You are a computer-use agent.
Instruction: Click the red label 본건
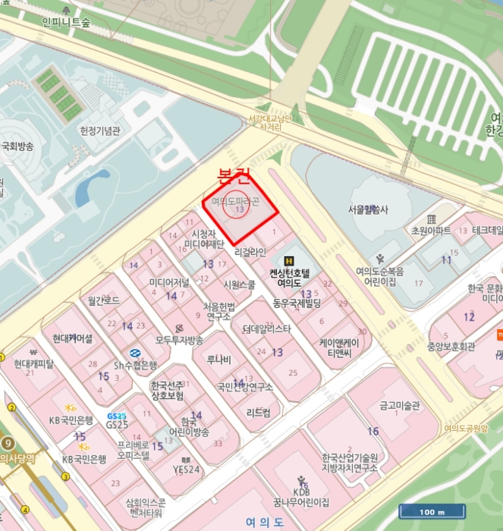tap(233, 178)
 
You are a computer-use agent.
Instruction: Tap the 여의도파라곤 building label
tap(235, 202)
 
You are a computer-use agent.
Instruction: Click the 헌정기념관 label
tap(100, 130)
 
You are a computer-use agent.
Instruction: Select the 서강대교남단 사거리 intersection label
tap(270, 123)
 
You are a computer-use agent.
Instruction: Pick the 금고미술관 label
tap(399, 406)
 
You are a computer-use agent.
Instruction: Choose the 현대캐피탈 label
tap(34, 363)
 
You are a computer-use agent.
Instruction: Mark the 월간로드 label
tap(103, 300)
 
